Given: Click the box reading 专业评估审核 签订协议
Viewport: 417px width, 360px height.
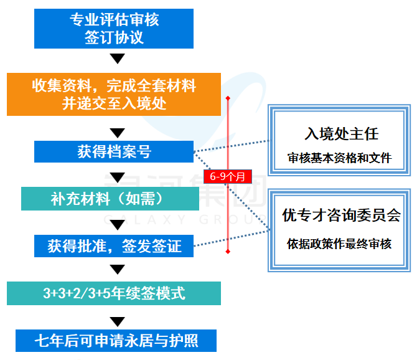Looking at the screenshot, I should [114, 28].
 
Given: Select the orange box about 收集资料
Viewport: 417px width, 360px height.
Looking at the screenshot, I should [114, 94].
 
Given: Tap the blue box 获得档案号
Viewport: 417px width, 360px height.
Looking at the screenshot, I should [114, 151].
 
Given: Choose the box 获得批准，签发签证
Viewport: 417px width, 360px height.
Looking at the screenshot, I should [114, 245].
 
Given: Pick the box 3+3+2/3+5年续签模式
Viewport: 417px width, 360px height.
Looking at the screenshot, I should [114, 293].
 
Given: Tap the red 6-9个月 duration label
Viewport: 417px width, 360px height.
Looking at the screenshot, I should [228, 176].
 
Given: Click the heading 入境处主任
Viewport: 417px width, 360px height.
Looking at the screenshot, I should [341, 134].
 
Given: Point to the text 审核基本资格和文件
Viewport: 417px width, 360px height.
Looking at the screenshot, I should [340, 158].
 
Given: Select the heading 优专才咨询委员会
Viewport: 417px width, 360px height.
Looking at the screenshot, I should [341, 216].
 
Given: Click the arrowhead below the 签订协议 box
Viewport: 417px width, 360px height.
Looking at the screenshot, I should [117, 59].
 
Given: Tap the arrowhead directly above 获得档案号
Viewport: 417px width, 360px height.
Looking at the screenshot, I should [117, 132].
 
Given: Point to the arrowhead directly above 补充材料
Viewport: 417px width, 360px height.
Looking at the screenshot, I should [117, 178].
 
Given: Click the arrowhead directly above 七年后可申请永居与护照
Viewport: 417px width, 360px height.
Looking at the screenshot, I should [117, 321].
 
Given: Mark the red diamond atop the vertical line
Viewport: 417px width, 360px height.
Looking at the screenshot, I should [228, 98].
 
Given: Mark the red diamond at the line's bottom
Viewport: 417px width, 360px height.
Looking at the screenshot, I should [228, 252].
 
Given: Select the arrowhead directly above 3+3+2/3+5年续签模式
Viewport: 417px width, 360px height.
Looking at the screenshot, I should [117, 270].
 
